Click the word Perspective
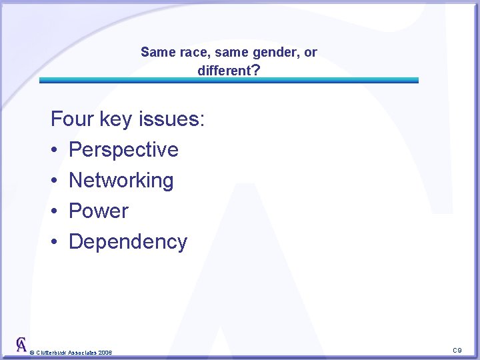(x=123, y=150)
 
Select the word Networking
(x=121, y=181)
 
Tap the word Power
(x=98, y=211)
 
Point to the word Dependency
(x=127, y=242)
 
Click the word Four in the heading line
(x=72, y=119)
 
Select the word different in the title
(x=221, y=70)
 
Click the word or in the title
(x=311, y=52)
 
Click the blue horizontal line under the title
(x=229, y=80)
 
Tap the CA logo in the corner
(x=22, y=345)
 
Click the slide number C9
(x=457, y=350)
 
